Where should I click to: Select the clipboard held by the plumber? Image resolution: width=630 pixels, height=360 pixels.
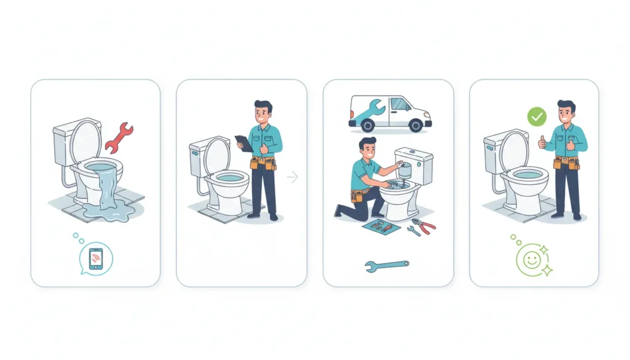coord(244,143)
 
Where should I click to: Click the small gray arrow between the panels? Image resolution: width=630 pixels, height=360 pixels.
coord(292,177)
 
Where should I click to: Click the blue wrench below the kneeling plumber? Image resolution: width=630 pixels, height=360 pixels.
coord(386,265)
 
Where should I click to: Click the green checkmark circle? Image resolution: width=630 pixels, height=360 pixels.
coord(537,116)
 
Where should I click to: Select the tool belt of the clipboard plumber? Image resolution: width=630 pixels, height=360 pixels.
coord(263,163)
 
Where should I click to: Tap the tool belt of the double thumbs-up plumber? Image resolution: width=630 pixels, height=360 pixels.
coord(565,162)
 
